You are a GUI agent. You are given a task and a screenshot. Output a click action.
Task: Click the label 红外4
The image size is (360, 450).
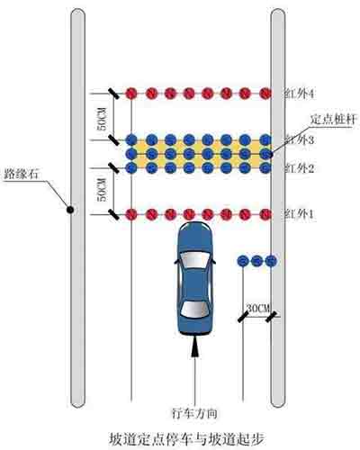(299, 94)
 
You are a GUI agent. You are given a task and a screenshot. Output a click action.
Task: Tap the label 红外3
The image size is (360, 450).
(299, 139)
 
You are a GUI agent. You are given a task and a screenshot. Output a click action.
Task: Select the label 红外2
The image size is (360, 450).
(299, 168)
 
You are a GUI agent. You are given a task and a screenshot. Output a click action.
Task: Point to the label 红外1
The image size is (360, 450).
(299, 214)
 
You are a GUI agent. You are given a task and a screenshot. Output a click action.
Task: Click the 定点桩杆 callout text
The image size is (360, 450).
(333, 120)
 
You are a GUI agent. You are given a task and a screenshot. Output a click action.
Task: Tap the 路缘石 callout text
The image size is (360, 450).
(22, 174)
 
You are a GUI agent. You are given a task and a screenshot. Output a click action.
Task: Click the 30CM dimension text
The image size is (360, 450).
(258, 308)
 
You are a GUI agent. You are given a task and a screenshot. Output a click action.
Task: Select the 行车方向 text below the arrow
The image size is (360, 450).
(195, 414)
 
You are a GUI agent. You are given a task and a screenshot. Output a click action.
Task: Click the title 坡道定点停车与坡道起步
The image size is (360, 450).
(186, 438)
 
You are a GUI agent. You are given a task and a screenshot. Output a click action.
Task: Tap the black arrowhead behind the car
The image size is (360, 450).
(195, 346)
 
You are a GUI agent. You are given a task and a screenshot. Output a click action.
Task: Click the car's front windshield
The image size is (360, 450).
(194, 260)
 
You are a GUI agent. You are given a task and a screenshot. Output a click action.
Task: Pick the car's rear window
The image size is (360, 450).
(195, 310)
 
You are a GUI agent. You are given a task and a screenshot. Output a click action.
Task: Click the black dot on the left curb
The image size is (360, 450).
(70, 210)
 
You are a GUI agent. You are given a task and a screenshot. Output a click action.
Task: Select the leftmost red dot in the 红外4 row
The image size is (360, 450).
(131, 94)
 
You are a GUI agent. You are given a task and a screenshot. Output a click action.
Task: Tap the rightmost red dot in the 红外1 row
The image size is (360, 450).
(265, 214)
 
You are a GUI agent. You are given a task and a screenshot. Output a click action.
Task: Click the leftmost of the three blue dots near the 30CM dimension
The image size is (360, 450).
(243, 261)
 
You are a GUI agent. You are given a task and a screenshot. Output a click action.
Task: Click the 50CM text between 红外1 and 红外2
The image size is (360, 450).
(103, 190)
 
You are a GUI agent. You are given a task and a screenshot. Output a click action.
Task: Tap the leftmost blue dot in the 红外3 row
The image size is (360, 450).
(131, 139)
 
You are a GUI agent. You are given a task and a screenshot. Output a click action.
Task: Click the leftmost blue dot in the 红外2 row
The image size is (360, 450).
(131, 167)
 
